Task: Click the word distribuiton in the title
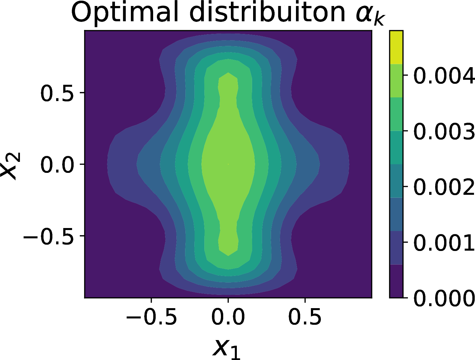(267, 13)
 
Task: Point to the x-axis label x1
(227, 348)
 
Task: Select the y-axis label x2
(11, 165)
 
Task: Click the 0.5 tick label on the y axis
(57, 93)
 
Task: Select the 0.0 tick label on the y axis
(57, 165)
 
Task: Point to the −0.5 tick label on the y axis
(48, 236)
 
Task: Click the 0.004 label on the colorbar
(444, 75)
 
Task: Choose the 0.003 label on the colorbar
(444, 131)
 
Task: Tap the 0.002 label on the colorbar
(444, 187)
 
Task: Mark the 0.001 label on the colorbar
(444, 243)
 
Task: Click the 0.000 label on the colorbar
(444, 298)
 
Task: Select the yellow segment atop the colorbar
(396, 47)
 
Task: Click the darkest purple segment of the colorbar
(396, 281)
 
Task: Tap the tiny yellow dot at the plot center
(228, 164)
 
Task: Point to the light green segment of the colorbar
(396, 81)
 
